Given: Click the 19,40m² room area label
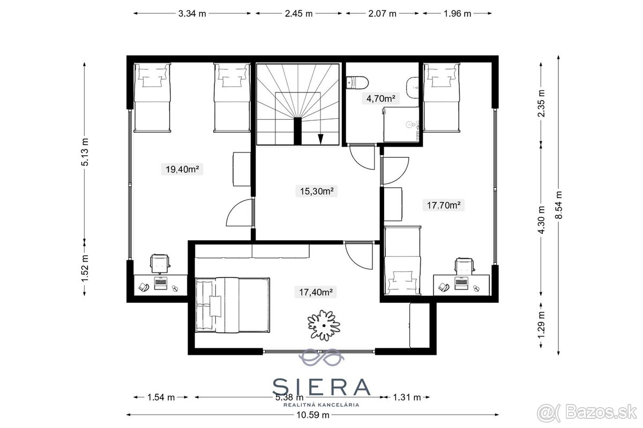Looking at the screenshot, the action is click(182, 169).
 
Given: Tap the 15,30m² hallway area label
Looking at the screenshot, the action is click(317, 191).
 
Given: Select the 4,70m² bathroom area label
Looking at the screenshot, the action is click(380, 98).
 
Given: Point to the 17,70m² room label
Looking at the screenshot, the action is click(444, 205).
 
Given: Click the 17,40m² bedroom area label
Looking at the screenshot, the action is click(316, 292).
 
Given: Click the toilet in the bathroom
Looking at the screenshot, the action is click(357, 83).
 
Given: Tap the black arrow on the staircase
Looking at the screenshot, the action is click(320, 139).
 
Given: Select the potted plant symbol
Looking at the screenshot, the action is click(324, 325).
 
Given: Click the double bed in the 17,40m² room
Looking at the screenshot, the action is click(233, 305).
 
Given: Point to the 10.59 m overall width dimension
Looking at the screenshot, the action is click(312, 415).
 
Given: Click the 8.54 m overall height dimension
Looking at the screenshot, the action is click(558, 205).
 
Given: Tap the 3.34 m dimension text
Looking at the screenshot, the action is click(192, 13).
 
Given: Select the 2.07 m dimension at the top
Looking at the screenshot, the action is click(382, 13).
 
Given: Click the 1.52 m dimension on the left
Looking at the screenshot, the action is click(85, 269).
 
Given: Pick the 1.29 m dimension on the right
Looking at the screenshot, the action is click(541, 325).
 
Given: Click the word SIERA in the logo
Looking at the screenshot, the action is click(321, 387).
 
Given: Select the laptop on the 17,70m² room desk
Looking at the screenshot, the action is click(461, 283).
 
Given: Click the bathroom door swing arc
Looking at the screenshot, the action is click(360, 163).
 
